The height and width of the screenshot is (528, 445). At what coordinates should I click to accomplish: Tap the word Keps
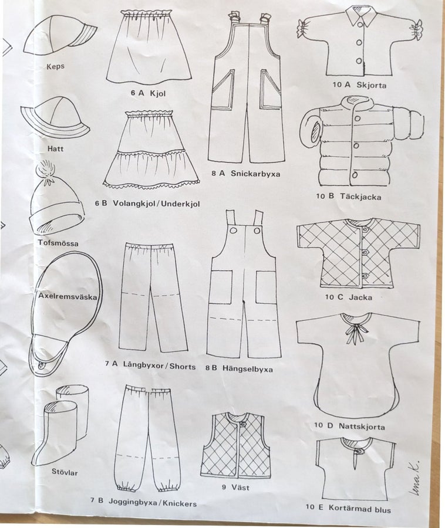click(x=55, y=66)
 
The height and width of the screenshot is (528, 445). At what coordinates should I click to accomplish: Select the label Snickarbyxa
click(x=255, y=174)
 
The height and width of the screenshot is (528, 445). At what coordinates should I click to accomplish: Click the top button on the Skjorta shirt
click(x=360, y=25)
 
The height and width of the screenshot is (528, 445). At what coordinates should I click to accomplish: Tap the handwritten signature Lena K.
click(x=414, y=478)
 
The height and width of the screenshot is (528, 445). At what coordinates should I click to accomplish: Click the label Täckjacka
click(x=360, y=197)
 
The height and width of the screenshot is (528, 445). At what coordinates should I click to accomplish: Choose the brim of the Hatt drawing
click(x=55, y=122)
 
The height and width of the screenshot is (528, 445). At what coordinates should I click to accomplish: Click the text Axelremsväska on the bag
click(x=68, y=297)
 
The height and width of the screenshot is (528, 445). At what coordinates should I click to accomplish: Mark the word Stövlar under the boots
click(x=65, y=472)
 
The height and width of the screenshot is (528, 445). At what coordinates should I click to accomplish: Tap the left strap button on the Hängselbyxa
click(x=233, y=231)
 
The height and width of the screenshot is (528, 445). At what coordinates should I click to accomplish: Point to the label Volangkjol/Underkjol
click(x=156, y=204)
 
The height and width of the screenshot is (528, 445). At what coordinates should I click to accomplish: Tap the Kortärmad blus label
click(x=360, y=509)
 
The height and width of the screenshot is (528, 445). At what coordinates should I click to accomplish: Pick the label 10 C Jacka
click(x=349, y=297)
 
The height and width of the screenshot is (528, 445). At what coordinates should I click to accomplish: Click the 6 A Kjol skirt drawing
click(x=149, y=47)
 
